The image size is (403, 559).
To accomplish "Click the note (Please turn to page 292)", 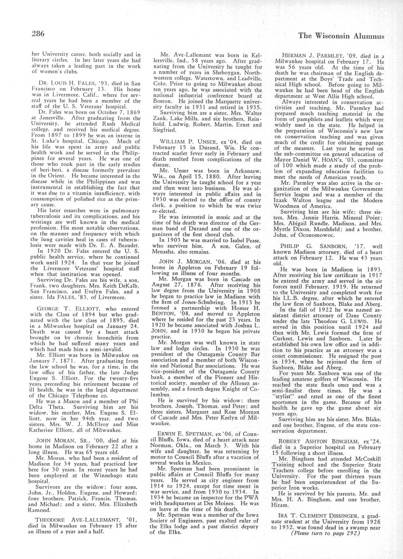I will (x=326, y=533).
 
